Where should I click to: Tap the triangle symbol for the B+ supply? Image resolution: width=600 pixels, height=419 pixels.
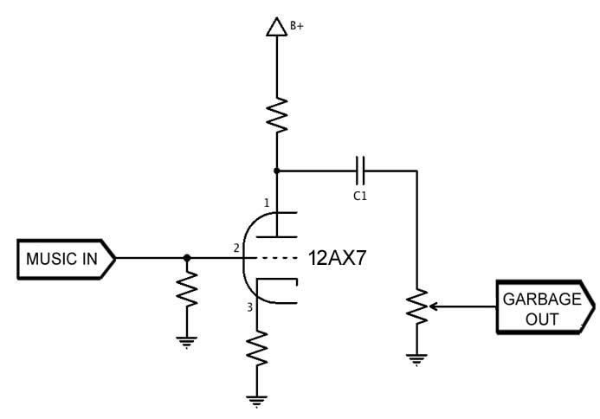(x=276, y=27)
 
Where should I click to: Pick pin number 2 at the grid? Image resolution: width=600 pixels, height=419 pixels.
(x=236, y=249)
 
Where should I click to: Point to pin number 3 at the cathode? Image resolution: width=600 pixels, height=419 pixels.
(x=251, y=306)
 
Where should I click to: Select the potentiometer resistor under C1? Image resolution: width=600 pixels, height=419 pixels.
(x=416, y=306)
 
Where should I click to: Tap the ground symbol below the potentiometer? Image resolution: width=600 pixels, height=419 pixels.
(x=416, y=358)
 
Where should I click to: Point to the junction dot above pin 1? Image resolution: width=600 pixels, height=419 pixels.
(x=276, y=170)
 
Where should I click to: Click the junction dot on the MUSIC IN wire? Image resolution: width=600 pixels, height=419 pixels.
(x=187, y=258)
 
